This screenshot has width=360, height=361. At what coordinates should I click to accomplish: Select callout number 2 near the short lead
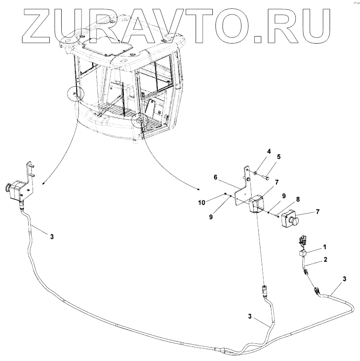[325, 259]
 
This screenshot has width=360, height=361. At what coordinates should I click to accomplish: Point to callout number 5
[278, 156]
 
